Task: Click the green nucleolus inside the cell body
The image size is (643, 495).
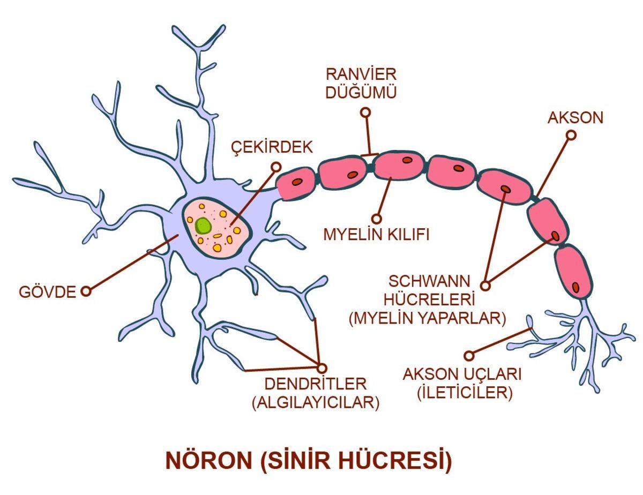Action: [203, 226]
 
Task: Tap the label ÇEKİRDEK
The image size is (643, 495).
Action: [271, 147]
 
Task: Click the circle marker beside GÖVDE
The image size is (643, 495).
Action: [85, 291]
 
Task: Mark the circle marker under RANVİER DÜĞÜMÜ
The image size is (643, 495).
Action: [366, 112]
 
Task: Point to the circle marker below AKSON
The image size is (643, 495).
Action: [571, 135]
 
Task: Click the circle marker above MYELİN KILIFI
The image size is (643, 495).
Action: [377, 219]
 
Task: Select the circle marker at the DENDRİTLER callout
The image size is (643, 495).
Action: [322, 367]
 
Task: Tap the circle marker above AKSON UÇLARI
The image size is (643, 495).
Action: [469, 355]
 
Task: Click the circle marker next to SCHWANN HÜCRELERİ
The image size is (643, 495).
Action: [486, 286]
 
